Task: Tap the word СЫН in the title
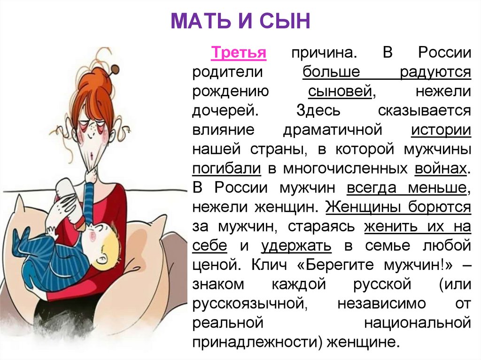(287, 22)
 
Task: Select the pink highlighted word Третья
(239, 52)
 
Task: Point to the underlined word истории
(441, 130)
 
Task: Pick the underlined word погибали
(226, 169)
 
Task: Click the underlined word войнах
(442, 169)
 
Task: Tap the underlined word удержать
(296, 245)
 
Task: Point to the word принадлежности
(256, 342)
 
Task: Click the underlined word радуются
(435, 72)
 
